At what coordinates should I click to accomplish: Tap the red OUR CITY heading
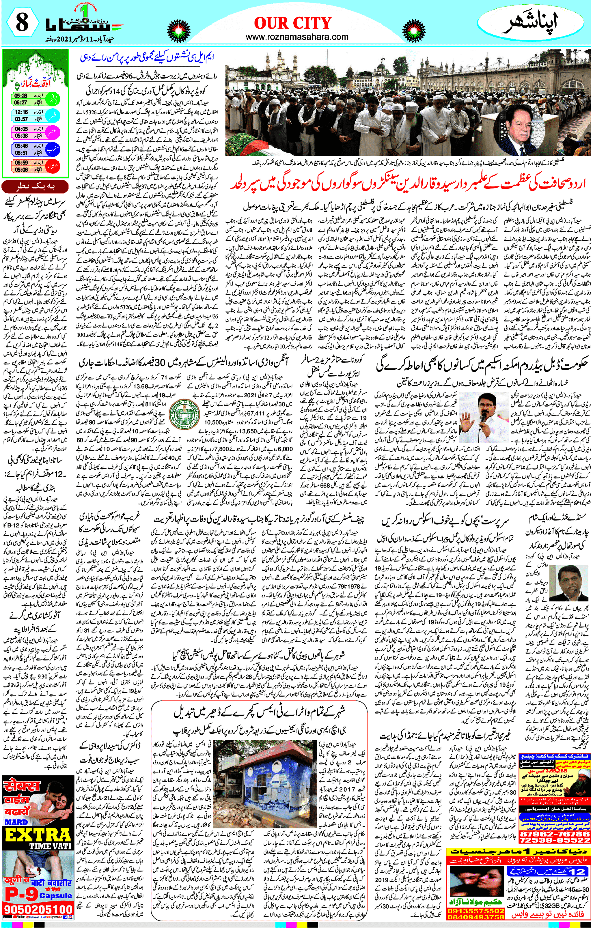293,23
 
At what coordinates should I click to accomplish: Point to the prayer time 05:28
21,95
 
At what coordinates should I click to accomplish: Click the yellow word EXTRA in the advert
38,825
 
